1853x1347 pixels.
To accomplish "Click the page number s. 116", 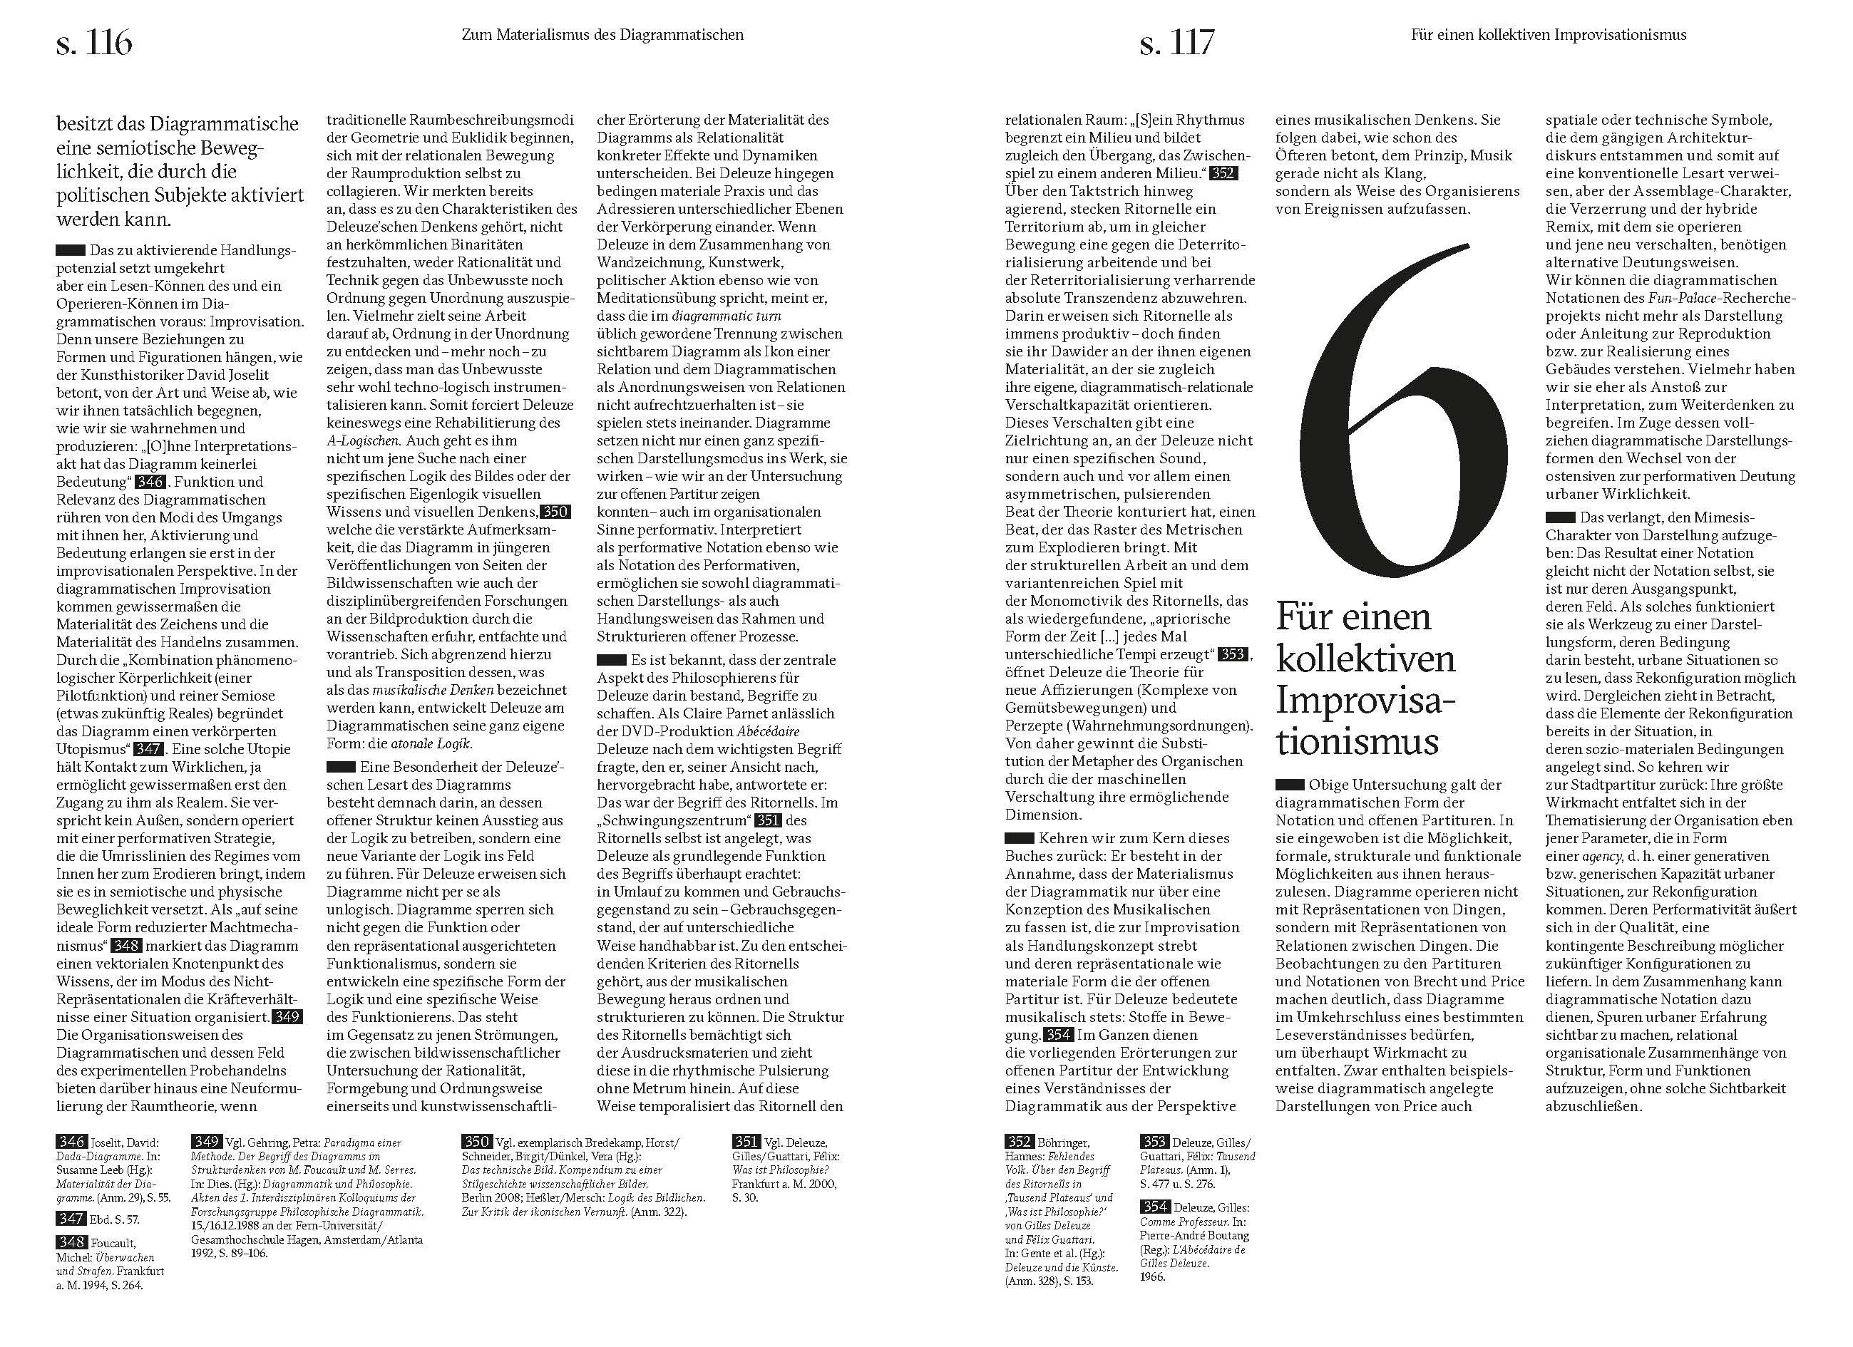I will (x=94, y=43).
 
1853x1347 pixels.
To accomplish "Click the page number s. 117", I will (x=1176, y=43).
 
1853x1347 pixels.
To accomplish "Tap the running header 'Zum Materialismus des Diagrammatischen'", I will (x=602, y=35).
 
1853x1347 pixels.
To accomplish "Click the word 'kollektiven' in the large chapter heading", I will (x=1365, y=659).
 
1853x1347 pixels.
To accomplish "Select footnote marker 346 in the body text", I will (x=150, y=482).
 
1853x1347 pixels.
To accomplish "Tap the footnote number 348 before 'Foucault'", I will (x=71, y=1242).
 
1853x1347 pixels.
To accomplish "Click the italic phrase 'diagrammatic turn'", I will (x=727, y=316).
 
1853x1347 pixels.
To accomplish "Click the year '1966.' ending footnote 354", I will (x=1152, y=1276).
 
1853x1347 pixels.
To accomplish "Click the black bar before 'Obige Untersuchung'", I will (x=1289, y=785).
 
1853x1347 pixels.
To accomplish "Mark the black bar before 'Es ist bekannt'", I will (x=611, y=660).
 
